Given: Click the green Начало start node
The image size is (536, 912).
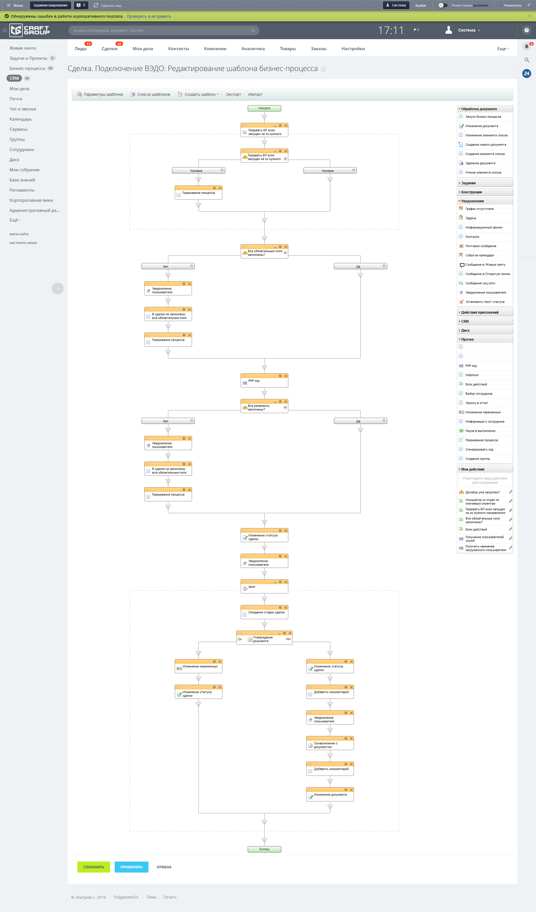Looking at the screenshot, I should coord(264,108).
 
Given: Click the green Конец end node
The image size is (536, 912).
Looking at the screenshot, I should coord(264,849).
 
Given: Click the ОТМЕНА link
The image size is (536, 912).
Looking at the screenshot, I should coord(164,867).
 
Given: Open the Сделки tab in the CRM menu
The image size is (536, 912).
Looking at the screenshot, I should coord(109,49).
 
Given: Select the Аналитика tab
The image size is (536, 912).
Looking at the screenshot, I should coord(253,49).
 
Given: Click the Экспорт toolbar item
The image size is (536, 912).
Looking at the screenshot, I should coord(233,94).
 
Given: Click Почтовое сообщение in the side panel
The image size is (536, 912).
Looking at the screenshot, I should coord(481,246).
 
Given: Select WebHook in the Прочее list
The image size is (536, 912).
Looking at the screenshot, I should coord(472,375).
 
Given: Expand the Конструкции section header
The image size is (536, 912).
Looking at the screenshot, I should coord(471,192).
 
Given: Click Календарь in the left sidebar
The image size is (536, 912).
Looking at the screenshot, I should coord(21,119).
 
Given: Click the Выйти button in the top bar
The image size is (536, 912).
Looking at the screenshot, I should coord(420,5).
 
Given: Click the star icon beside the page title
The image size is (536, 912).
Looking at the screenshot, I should coord(323,69).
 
